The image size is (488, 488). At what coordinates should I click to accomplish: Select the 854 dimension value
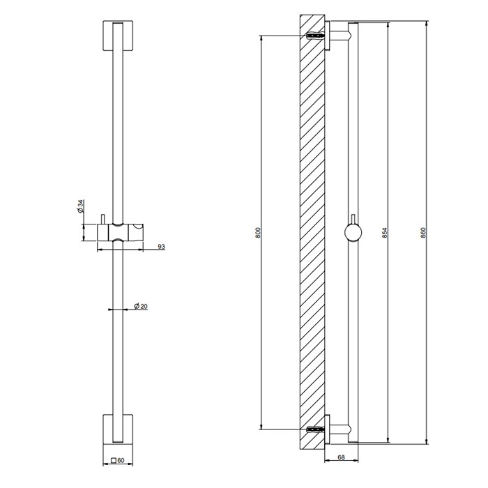coord(385,232)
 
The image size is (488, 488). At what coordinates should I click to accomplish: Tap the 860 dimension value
coord(423,232)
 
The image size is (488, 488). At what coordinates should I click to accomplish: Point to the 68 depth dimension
coord(341,458)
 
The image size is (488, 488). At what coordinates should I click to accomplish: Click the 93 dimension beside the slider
coord(161,247)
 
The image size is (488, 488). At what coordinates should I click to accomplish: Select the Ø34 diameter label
coord(81,207)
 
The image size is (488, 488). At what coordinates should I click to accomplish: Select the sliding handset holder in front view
coord(123,232)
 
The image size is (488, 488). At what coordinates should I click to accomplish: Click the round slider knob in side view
coord(353,232)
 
